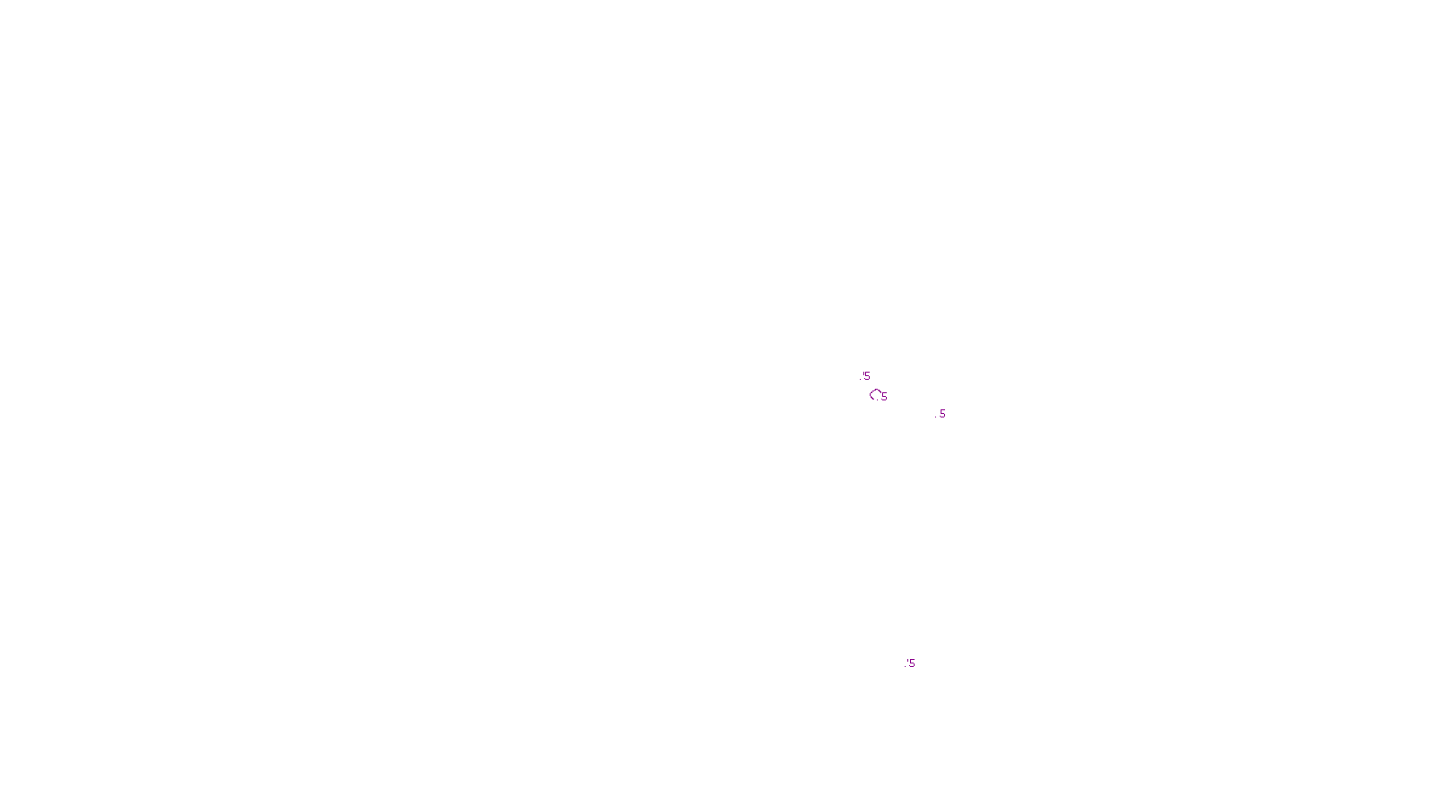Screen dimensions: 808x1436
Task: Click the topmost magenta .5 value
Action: tap(866, 376)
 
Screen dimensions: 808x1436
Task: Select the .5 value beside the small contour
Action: tap(884, 397)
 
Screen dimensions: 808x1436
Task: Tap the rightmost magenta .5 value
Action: tap(941, 414)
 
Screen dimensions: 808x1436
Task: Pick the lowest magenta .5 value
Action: tap(911, 663)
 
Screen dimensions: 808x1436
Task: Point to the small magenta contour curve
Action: tap(874, 393)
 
